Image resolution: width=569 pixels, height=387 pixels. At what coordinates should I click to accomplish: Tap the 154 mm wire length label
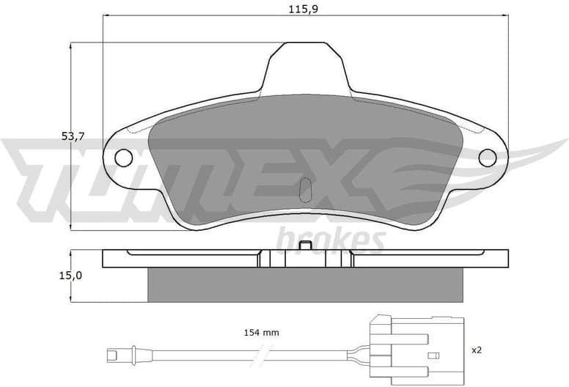click(261, 333)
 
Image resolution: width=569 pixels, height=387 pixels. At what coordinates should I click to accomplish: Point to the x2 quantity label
click(477, 350)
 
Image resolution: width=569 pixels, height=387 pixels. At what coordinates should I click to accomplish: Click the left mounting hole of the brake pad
click(123, 157)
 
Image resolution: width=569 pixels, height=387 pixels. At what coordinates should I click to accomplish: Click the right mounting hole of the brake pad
click(487, 157)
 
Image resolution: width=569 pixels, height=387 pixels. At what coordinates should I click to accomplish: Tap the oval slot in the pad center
click(306, 189)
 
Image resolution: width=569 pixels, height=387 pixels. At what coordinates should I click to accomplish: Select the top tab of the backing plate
click(305, 66)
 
